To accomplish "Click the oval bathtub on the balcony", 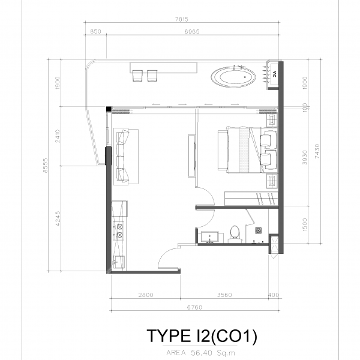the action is [x=233, y=77].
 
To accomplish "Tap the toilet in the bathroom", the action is [x=235, y=234].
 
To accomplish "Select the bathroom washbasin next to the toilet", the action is [x=209, y=237].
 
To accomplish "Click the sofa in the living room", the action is [x=123, y=157].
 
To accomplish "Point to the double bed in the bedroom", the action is [x=247, y=149].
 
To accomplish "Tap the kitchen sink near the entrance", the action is [x=119, y=262].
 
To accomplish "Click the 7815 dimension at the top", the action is [x=182, y=19].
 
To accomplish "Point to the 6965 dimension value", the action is [x=192, y=31].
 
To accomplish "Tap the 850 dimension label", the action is [x=95, y=31].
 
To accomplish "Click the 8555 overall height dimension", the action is [x=46, y=166].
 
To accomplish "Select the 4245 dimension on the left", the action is [x=58, y=218].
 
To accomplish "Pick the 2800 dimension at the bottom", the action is [x=146, y=295].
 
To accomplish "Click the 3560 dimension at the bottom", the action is [x=224, y=295].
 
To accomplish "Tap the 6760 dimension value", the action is [x=194, y=307].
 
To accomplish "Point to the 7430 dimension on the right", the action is [x=317, y=151].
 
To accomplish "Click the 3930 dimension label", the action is [x=305, y=157].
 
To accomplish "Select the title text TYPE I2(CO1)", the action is [x=202, y=336].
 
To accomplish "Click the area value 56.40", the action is [x=201, y=353].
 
